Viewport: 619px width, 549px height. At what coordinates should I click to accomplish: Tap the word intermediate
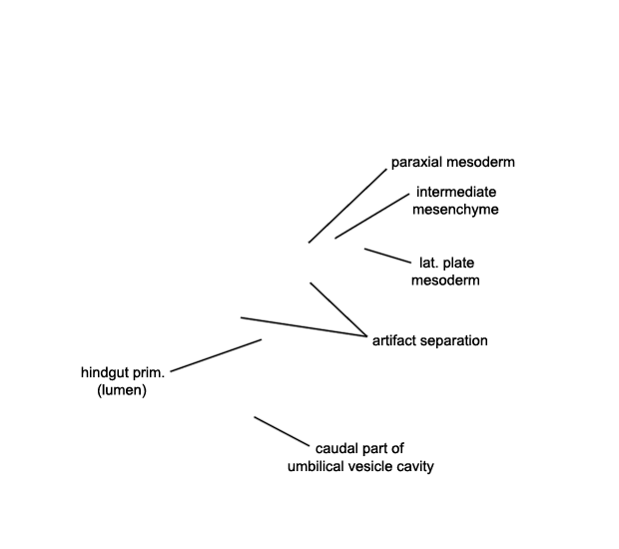pos(456,193)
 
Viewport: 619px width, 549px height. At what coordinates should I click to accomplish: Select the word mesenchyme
pos(455,210)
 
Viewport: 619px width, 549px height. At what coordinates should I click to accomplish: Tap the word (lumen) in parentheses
pos(122,390)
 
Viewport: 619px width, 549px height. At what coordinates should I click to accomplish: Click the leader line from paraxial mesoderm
pos(347,206)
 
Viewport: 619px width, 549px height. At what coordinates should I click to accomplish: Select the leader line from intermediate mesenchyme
pos(372,216)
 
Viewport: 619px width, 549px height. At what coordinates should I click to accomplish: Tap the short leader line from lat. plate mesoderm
pos(387,256)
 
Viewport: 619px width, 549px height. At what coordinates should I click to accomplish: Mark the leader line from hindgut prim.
pos(216,355)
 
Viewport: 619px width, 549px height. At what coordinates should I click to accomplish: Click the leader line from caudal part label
pos(282,431)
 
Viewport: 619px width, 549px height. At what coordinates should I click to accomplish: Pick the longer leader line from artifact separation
pos(304,326)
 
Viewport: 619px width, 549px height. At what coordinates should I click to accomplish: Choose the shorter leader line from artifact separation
pos(338,309)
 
